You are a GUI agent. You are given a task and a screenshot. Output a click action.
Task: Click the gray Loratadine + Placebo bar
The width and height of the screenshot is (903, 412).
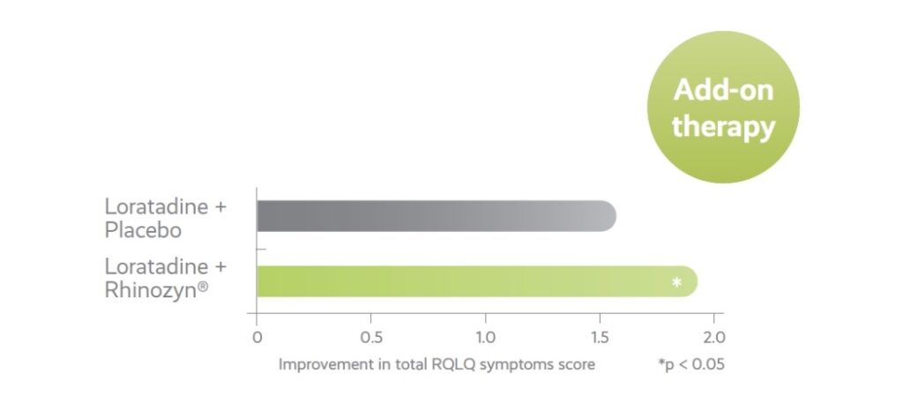[x=437, y=216]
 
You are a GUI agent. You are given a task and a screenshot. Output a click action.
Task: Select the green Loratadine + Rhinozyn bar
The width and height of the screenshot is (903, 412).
[x=477, y=281]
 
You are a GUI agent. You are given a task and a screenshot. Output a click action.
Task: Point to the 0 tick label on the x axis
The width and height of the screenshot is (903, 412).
[x=257, y=336]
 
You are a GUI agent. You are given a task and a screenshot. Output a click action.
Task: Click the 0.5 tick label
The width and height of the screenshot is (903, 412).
[x=370, y=336]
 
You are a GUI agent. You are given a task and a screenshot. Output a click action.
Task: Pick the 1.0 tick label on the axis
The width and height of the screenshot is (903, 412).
[x=485, y=336]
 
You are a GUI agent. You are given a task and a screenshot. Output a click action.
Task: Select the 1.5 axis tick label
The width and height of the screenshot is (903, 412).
[x=600, y=336]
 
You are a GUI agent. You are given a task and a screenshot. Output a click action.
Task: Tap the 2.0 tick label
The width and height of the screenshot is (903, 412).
[x=714, y=336]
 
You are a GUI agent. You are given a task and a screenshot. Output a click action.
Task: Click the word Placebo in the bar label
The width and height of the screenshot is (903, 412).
[x=143, y=230]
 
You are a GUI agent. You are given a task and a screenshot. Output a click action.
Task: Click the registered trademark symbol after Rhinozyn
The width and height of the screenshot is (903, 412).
[x=203, y=285]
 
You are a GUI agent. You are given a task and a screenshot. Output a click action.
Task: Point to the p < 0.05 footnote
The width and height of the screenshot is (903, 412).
[x=691, y=364]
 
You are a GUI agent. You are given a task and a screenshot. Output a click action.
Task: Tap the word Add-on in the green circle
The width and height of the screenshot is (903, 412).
[x=723, y=90]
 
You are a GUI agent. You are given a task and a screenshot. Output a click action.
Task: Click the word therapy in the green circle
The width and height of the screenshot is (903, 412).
[x=723, y=128]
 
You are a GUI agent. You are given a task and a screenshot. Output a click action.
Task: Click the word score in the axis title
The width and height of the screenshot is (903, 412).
[x=578, y=365]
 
